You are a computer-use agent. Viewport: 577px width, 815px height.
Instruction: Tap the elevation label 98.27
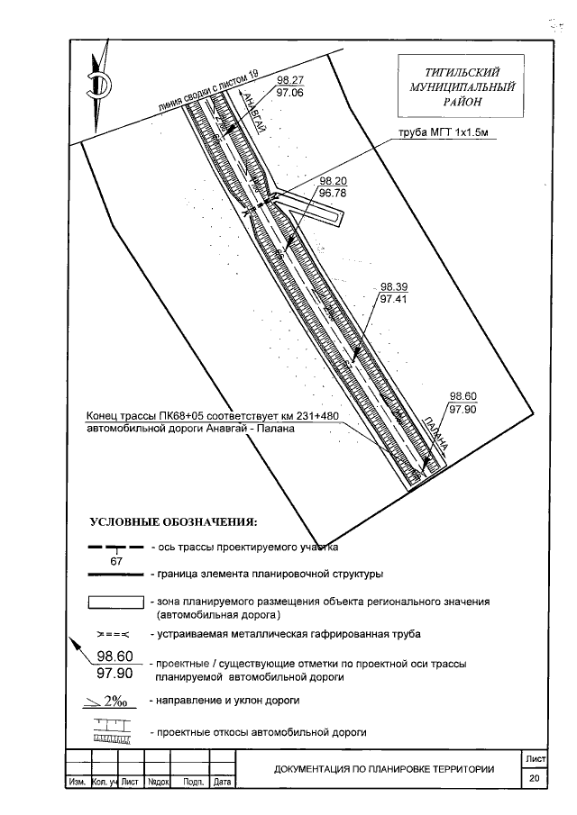click(x=290, y=80)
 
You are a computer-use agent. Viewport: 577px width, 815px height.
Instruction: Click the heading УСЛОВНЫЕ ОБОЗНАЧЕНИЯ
click(x=173, y=521)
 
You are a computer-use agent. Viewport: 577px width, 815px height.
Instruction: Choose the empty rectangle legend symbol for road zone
click(x=115, y=602)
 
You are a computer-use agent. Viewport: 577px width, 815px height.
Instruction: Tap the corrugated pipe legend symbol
click(x=114, y=635)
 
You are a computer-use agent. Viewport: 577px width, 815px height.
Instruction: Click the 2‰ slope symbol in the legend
click(x=113, y=700)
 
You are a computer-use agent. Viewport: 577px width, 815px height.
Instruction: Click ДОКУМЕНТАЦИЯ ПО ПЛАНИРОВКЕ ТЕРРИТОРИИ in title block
click(x=384, y=769)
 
